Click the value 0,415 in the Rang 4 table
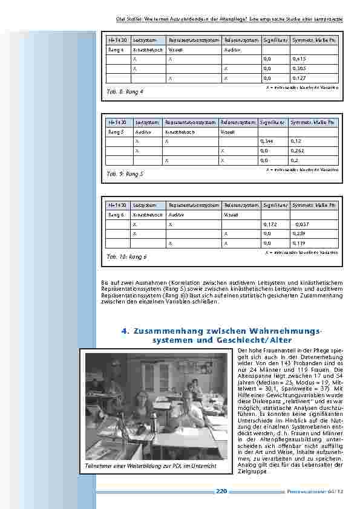click(x=299, y=59)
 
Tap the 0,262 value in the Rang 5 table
click(x=296, y=151)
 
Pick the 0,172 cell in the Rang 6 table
click(x=270, y=224)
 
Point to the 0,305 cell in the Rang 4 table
click(x=299, y=69)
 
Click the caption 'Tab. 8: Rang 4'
click(x=125, y=92)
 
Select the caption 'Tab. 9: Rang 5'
click(x=125, y=174)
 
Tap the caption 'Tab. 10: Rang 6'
click(x=126, y=256)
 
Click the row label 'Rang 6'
click(x=116, y=215)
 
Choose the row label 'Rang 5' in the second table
click(x=116, y=131)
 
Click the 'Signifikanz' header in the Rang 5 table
click(x=272, y=122)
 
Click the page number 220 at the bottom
click(x=221, y=492)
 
